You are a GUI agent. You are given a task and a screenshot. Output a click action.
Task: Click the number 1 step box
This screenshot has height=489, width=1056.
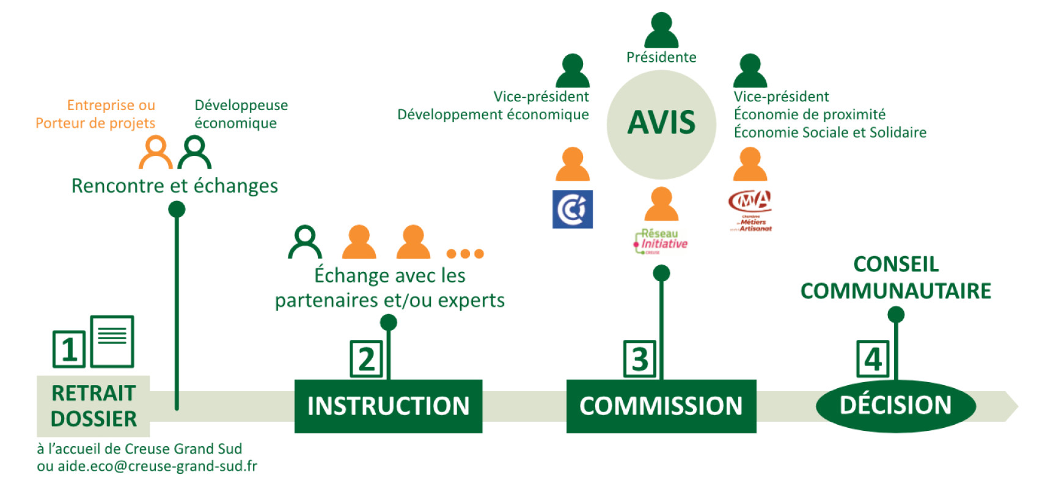68,349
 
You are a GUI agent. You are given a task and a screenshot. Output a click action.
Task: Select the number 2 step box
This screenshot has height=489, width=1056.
366,359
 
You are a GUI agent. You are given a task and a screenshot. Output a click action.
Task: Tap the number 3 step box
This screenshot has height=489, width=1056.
639,359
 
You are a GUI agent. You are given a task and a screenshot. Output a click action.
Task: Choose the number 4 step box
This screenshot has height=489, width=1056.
873,359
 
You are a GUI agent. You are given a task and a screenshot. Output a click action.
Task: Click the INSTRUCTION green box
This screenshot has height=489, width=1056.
388,406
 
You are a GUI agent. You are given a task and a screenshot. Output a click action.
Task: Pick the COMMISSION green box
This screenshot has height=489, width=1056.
661,406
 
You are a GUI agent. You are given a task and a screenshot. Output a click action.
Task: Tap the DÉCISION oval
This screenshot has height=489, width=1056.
895,405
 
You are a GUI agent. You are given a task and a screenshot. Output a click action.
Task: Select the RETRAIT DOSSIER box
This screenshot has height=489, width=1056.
93,406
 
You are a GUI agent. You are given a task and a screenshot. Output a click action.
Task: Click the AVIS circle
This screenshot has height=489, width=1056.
661,123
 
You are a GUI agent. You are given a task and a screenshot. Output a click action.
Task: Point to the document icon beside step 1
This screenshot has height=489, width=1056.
112,341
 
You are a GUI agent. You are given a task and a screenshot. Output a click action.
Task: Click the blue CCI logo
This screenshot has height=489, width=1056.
572,209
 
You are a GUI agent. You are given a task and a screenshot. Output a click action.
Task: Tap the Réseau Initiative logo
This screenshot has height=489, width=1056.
661,241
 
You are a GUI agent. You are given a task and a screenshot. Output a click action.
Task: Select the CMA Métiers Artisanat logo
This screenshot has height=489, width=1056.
750,211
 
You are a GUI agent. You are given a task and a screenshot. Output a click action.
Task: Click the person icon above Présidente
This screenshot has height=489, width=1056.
661,30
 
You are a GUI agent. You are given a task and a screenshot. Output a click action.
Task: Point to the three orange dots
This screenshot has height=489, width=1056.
465,254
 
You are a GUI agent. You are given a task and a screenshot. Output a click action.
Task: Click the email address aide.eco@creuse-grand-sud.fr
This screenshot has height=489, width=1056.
157,466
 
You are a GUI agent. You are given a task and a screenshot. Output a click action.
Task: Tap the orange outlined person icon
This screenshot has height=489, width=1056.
156,152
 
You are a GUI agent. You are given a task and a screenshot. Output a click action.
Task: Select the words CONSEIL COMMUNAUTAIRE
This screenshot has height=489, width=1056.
895,278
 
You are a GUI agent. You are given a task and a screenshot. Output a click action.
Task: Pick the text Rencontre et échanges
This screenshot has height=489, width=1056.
175,186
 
